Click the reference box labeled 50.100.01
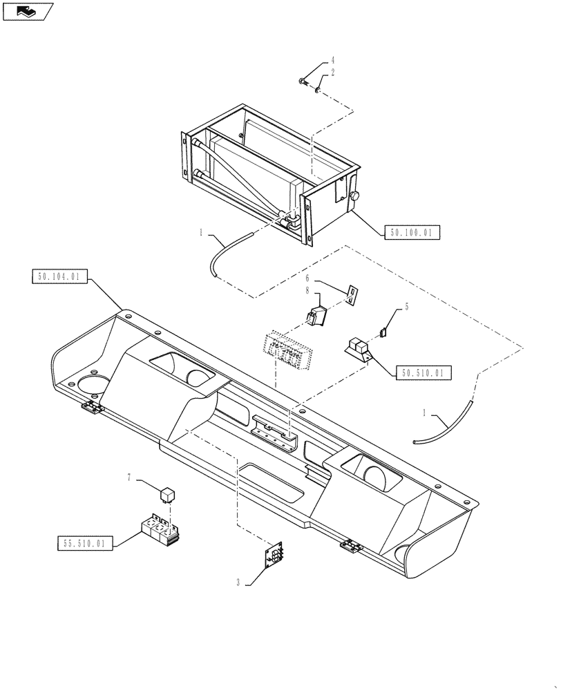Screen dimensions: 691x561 [x=410, y=233]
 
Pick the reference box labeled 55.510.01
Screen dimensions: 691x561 [x=83, y=543]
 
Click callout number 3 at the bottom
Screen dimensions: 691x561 [x=238, y=583]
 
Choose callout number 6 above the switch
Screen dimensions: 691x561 [x=309, y=281]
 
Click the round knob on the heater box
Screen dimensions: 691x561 [x=356, y=197]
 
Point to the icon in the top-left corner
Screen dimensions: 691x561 [x=27, y=11]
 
